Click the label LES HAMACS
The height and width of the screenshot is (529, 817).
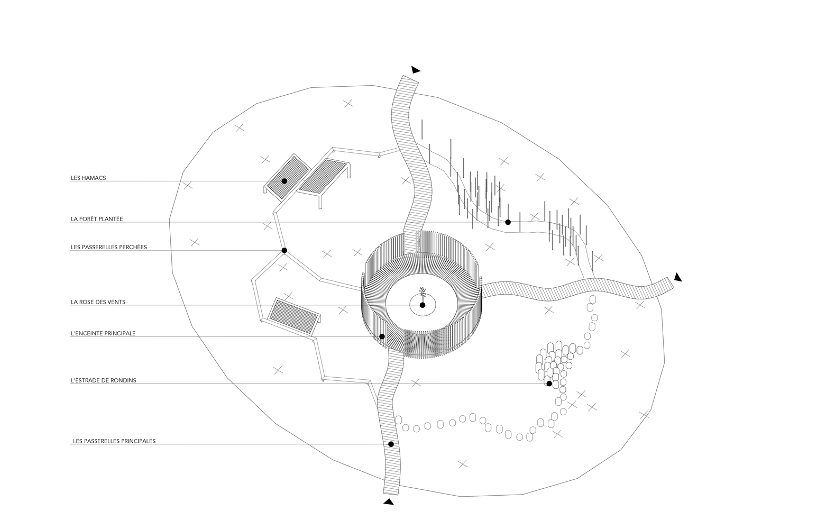(x=88, y=178)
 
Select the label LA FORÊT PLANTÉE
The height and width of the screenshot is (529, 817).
(x=97, y=219)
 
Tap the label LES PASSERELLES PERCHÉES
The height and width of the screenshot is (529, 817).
(x=109, y=247)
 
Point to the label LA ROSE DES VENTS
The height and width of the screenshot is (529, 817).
(x=98, y=302)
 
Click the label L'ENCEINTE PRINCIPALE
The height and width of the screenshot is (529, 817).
(x=103, y=333)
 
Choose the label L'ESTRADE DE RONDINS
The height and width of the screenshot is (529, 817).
(x=103, y=380)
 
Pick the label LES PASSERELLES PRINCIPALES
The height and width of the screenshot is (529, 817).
(x=114, y=441)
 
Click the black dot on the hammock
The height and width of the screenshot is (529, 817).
(x=284, y=181)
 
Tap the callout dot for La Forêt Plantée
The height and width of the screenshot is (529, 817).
(x=508, y=222)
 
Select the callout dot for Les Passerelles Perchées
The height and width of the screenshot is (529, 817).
(x=284, y=251)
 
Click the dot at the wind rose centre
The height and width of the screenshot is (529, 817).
(x=423, y=305)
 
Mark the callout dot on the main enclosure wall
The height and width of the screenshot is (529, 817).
(x=382, y=336)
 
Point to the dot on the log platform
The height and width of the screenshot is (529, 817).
(x=549, y=384)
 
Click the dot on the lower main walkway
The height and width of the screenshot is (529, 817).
(x=391, y=444)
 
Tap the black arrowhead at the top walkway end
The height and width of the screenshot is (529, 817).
(x=416, y=70)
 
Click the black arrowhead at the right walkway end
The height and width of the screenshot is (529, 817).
(x=678, y=277)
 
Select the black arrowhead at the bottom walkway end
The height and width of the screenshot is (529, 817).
(x=389, y=501)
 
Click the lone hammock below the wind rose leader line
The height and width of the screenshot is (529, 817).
(x=294, y=317)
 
